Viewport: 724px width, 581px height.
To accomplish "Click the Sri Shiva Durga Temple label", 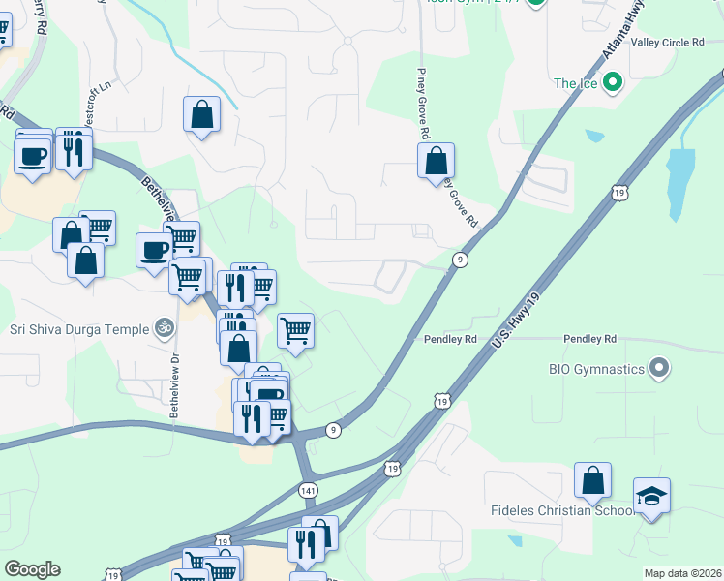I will point(78,329).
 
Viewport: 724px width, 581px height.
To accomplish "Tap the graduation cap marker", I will point(652,497).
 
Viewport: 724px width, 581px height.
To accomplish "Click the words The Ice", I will point(575,84).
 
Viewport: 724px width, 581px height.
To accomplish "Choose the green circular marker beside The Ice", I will point(612,84).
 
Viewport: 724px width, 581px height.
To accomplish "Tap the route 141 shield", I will point(308,491).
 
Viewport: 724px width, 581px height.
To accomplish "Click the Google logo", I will point(32,569).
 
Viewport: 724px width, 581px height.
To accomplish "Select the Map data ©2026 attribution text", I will point(682,573).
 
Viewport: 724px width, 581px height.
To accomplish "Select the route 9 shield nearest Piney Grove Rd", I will point(461,260).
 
